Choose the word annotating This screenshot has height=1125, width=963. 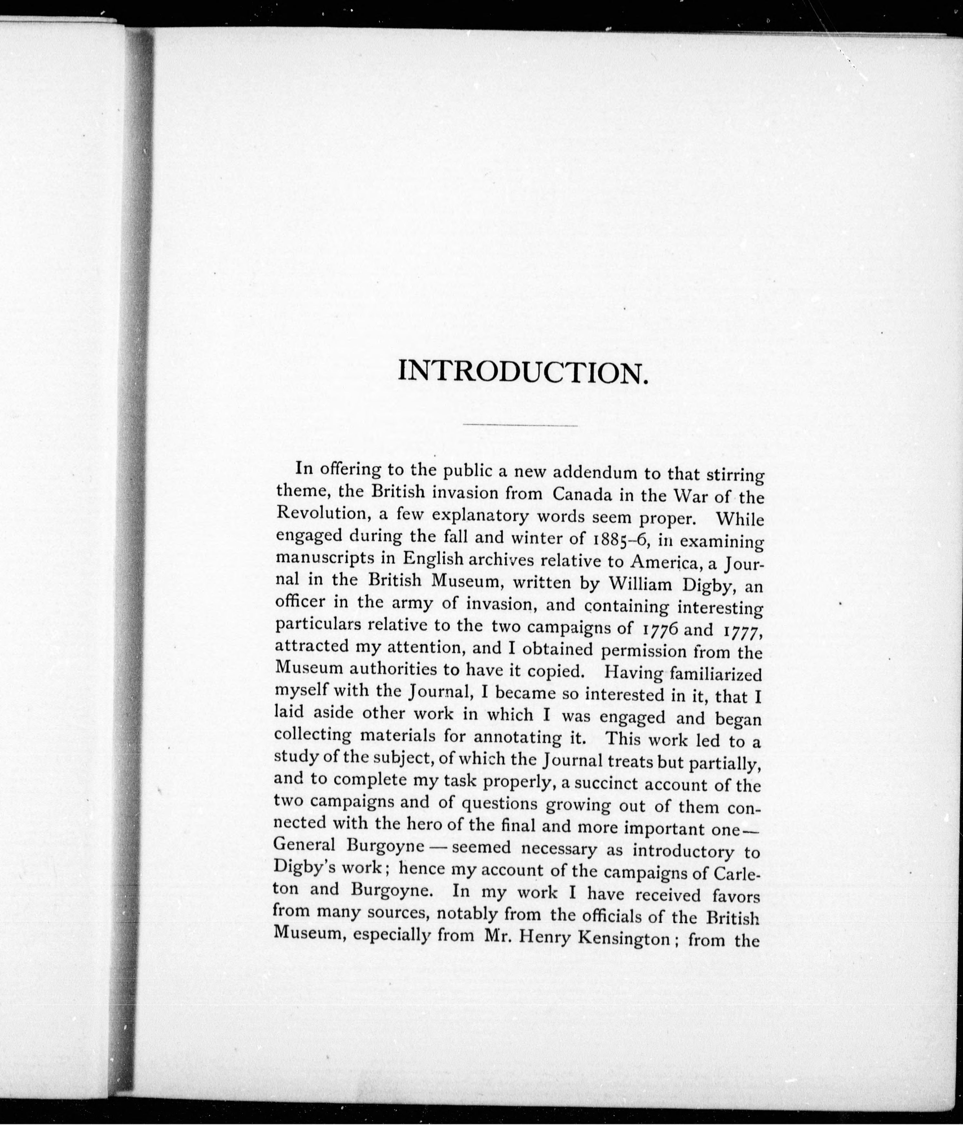click(513, 738)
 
